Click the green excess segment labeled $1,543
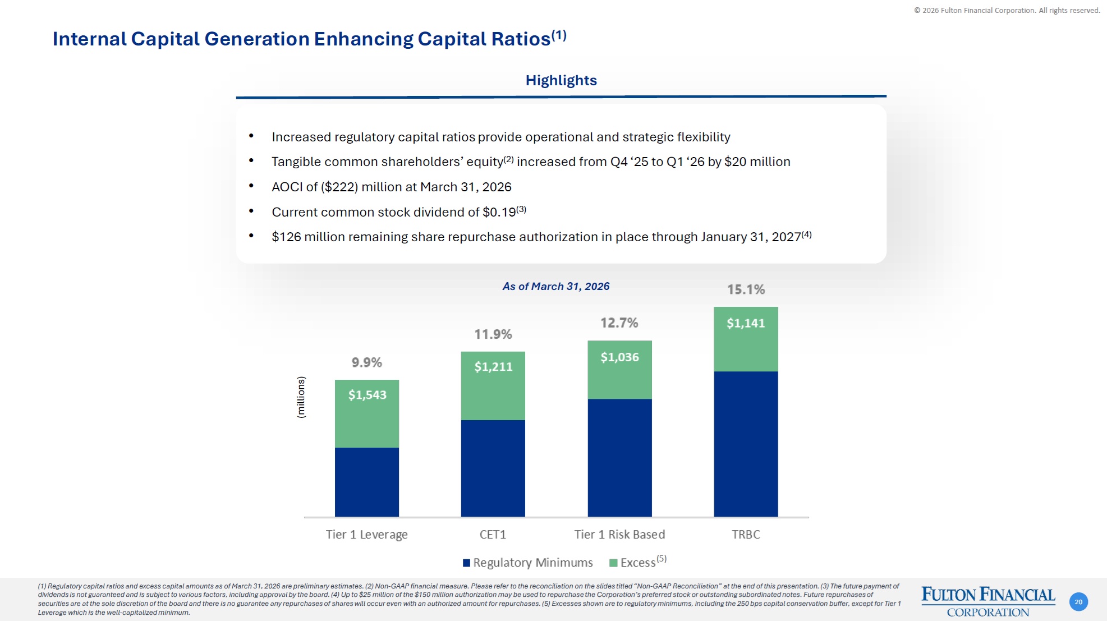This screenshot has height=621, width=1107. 367,414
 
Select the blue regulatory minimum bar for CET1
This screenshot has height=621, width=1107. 493,468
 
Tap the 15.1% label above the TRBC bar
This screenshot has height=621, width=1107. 746,289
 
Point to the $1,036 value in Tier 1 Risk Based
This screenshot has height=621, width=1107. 619,357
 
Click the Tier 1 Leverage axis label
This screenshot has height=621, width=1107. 366,535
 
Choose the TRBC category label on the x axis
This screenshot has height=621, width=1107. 746,535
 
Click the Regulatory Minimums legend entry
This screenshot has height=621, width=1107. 527,563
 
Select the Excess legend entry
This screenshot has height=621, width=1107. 637,563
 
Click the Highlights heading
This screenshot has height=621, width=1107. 561,81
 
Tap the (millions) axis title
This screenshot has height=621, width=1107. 301,397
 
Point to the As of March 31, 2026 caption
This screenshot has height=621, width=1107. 555,287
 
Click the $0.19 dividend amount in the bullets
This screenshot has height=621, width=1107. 499,213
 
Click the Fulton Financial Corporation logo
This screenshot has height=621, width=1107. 987,601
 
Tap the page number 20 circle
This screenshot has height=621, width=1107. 1078,602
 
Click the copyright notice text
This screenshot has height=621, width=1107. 1007,11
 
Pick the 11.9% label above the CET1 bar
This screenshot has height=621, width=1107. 493,334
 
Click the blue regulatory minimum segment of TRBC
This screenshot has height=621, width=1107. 746,443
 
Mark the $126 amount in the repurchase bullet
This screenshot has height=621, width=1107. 286,237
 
